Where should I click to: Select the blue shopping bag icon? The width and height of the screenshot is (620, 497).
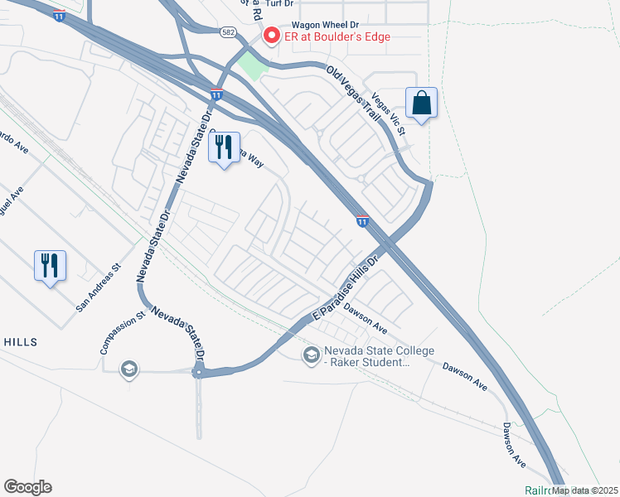click(421, 104)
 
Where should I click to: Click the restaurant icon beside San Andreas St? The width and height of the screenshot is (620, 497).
click(51, 266)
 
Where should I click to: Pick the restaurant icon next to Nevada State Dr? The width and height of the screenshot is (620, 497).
click(224, 147)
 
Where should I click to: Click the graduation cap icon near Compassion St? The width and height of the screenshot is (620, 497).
click(128, 369)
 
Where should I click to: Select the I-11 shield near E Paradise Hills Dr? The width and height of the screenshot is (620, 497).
click(363, 220)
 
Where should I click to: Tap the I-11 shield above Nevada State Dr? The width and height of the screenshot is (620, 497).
click(216, 94)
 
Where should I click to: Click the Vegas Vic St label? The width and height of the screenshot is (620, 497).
click(389, 113)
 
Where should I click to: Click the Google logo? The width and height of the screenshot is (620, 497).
click(27, 487)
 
